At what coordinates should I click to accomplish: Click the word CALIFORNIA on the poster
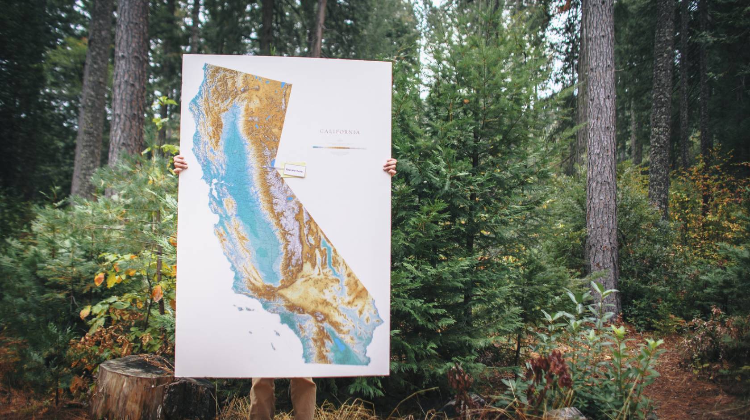tap(340, 132)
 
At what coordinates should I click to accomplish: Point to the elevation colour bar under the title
tap(339, 147)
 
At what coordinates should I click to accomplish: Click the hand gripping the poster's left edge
tap(180, 165)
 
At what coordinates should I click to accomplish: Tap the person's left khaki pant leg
tap(263, 398)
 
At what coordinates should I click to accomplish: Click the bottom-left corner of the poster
tap(176, 376)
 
